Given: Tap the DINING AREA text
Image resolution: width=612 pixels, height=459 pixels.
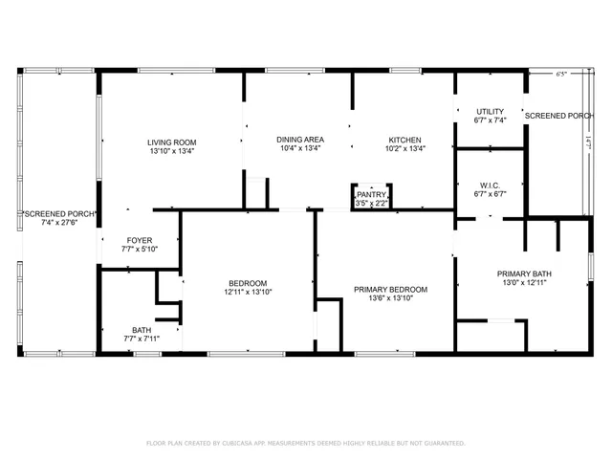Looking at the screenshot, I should point(294,139).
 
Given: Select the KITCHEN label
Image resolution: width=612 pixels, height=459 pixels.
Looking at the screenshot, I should point(404,139).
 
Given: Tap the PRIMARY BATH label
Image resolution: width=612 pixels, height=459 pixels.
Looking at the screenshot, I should point(524,273).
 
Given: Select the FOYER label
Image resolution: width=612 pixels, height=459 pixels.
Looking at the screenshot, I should point(140,240).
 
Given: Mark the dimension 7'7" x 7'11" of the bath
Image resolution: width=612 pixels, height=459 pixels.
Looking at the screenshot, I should point(141,339).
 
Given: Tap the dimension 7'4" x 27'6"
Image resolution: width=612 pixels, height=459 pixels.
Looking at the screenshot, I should point(59,223).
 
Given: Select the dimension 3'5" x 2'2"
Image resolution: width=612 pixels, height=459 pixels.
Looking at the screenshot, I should point(371,203).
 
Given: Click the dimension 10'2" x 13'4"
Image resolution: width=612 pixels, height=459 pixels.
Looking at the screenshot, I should point(404,148).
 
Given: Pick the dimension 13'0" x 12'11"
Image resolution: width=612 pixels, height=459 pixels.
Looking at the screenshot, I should point(524,282).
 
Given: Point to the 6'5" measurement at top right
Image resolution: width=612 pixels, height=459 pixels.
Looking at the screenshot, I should point(561,73).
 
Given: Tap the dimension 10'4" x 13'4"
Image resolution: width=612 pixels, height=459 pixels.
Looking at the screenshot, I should point(294,148).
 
